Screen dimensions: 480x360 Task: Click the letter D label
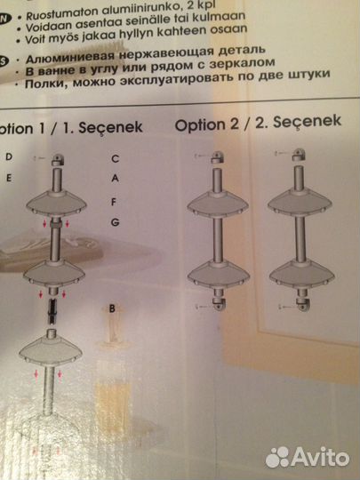click(8, 156)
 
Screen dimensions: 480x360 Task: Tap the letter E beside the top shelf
click(8, 178)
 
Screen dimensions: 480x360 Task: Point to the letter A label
click(116, 178)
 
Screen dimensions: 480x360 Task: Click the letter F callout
click(116, 203)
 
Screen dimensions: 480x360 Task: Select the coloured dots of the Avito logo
click(278, 456)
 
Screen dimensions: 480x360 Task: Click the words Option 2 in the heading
click(205, 125)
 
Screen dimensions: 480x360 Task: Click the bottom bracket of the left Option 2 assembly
click(218, 304)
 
